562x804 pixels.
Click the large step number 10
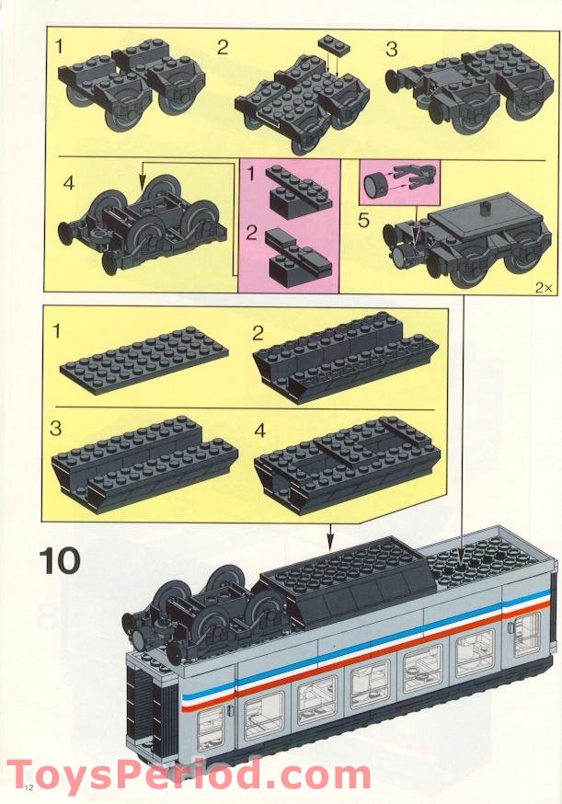click(x=60, y=561)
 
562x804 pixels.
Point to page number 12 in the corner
click(x=29, y=787)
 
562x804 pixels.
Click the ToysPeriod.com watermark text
click(x=189, y=775)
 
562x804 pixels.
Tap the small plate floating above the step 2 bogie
click(x=333, y=44)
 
